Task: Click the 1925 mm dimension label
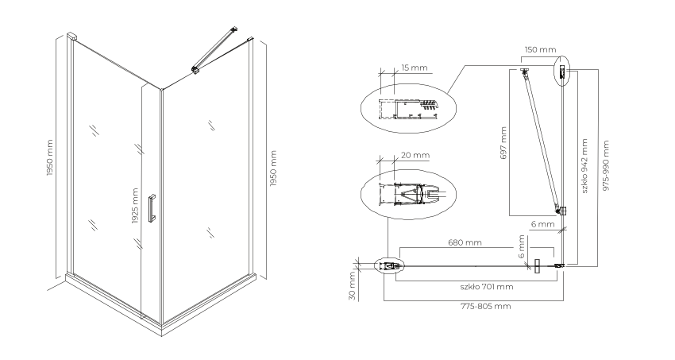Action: (x=135, y=207)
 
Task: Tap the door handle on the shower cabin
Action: (x=151, y=208)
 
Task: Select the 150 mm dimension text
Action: (x=540, y=49)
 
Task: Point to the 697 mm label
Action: (x=503, y=143)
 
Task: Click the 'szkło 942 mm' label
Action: (x=584, y=166)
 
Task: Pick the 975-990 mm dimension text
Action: (x=606, y=165)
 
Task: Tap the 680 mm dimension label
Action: (x=465, y=242)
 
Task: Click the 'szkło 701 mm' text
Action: (x=487, y=287)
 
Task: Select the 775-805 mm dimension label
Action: (x=485, y=306)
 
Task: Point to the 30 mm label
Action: (x=352, y=285)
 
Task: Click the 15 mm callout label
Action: (x=414, y=68)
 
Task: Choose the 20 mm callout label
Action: (x=415, y=155)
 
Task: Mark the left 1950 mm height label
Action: (x=50, y=157)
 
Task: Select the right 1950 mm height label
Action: (x=273, y=168)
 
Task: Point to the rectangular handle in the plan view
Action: (x=536, y=266)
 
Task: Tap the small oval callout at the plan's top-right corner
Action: (x=561, y=71)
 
